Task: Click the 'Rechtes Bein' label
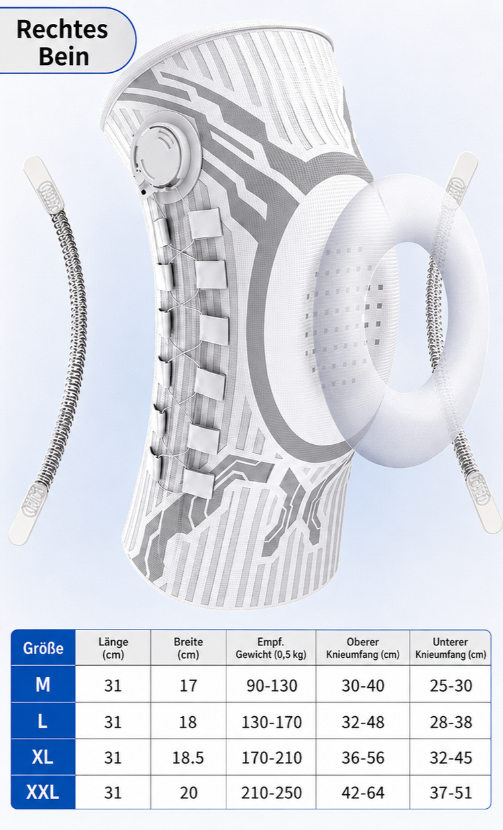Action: [x=62, y=42]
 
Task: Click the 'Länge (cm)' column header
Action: [x=113, y=648]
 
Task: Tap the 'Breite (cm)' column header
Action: [x=188, y=648]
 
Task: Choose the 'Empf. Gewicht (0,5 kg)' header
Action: [x=271, y=648]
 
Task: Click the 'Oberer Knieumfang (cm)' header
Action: [x=363, y=648]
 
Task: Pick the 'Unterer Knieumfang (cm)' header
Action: [x=451, y=648]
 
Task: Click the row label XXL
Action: [x=43, y=792]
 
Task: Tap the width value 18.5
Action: [x=188, y=758]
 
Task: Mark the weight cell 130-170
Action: [x=271, y=722]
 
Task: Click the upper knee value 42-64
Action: [x=363, y=792]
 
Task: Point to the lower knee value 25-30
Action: [x=451, y=686]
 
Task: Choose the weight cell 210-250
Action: [x=271, y=792]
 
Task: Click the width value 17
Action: [x=188, y=686]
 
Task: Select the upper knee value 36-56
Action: [x=363, y=758]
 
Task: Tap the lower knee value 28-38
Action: [x=451, y=722]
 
